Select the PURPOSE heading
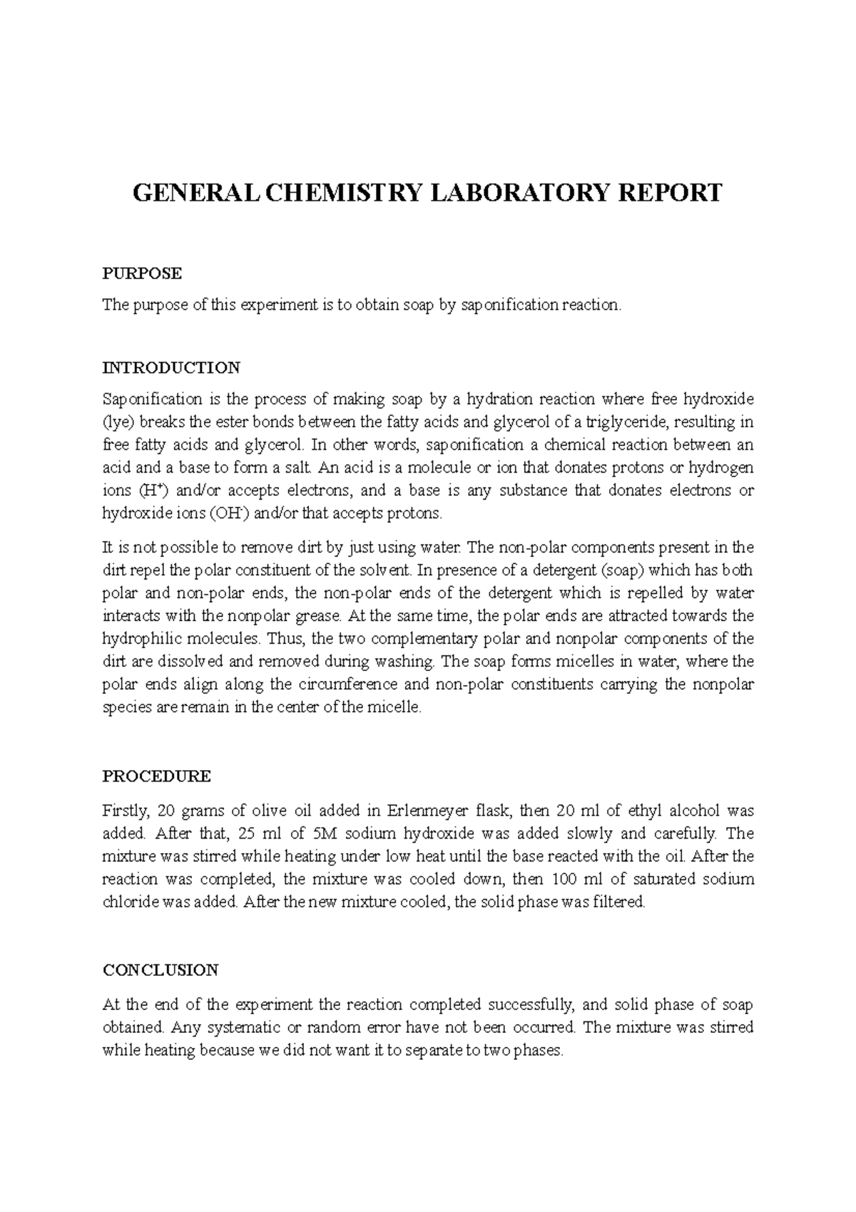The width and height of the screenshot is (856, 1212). pyautogui.click(x=143, y=273)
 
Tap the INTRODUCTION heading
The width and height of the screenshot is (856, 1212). pyautogui.click(x=171, y=368)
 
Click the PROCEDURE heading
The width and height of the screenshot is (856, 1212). pyautogui.click(x=157, y=776)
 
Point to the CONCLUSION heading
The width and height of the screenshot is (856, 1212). pyautogui.click(x=160, y=970)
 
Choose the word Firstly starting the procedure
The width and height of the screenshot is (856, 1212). pyautogui.click(x=125, y=811)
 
